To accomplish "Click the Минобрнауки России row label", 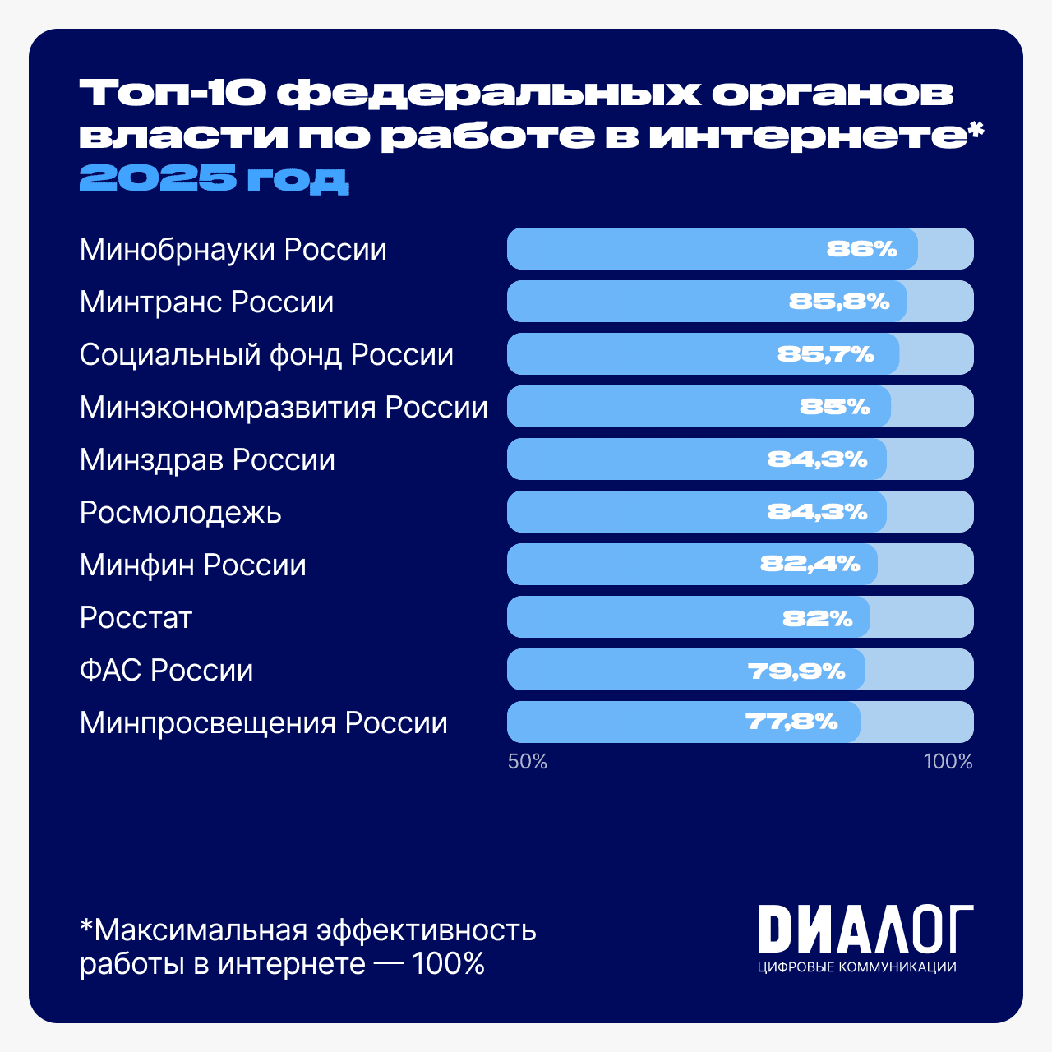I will pos(233,250).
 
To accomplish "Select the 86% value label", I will pos(861,249).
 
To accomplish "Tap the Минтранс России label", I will pos(206,302).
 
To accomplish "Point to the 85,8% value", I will pos(839,302).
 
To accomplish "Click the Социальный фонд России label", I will pos(266,355).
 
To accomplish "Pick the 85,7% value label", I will pos(825,354).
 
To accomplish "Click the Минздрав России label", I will pos(207,460).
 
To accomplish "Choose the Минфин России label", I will pos(192,565).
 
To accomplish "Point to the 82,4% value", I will pos(810,564).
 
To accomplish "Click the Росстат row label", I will pos(136,618).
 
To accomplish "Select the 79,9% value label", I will pos(796,671).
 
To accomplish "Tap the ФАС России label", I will pos(166,671).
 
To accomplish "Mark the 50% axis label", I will pos(527,762).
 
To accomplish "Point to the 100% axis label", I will pos(948,762).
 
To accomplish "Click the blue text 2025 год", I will pos(214,178).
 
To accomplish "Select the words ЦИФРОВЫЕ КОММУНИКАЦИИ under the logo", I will pos(856,967).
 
